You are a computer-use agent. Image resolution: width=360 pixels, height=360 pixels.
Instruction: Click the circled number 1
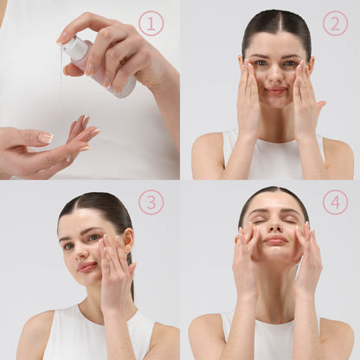coord(151,23)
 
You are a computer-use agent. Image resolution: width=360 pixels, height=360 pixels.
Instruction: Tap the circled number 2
coord(335,23)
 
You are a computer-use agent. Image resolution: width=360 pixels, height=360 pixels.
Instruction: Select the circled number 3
coord(151,202)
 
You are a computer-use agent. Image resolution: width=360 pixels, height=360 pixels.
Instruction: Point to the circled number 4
coord(335,202)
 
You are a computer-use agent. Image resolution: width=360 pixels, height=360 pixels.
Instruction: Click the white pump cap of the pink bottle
coord(71,45)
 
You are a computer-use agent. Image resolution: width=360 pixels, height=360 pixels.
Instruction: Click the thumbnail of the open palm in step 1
coord(46,138)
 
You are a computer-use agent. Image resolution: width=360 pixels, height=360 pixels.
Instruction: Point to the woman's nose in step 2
coord(276,74)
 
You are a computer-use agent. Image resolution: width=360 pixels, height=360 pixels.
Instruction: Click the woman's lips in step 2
coord(276,91)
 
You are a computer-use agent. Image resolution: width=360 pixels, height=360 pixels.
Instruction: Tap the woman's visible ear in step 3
coord(129,241)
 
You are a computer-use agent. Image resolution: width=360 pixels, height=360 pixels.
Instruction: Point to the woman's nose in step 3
coord(81,253)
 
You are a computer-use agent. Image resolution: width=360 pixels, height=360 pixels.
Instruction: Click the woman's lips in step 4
coord(276,240)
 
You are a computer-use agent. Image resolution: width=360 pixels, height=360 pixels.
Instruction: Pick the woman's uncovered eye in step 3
coord(69,246)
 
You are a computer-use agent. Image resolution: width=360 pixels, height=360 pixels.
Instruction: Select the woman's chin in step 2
coord(276,102)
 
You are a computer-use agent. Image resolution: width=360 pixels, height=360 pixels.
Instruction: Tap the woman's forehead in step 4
coord(274,201)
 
